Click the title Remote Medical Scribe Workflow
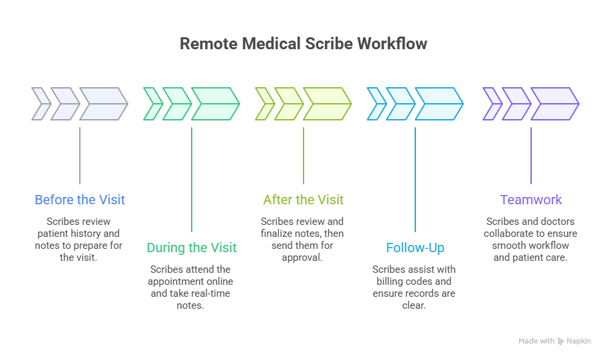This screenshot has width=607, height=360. [x=303, y=44]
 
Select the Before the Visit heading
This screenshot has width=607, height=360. [x=80, y=200]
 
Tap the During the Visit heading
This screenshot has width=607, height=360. [x=192, y=248]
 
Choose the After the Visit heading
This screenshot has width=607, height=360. [x=303, y=200]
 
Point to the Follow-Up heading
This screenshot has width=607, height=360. [x=415, y=248]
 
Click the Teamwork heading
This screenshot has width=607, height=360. [x=531, y=200]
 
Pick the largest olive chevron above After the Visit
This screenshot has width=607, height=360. [x=327, y=104]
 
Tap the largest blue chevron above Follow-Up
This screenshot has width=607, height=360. [x=439, y=104]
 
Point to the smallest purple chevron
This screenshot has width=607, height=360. [x=491, y=104]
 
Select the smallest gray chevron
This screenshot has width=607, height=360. [x=41, y=104]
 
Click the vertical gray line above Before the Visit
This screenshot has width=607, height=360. [x=80, y=155]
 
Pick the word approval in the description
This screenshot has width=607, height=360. [x=303, y=257]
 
